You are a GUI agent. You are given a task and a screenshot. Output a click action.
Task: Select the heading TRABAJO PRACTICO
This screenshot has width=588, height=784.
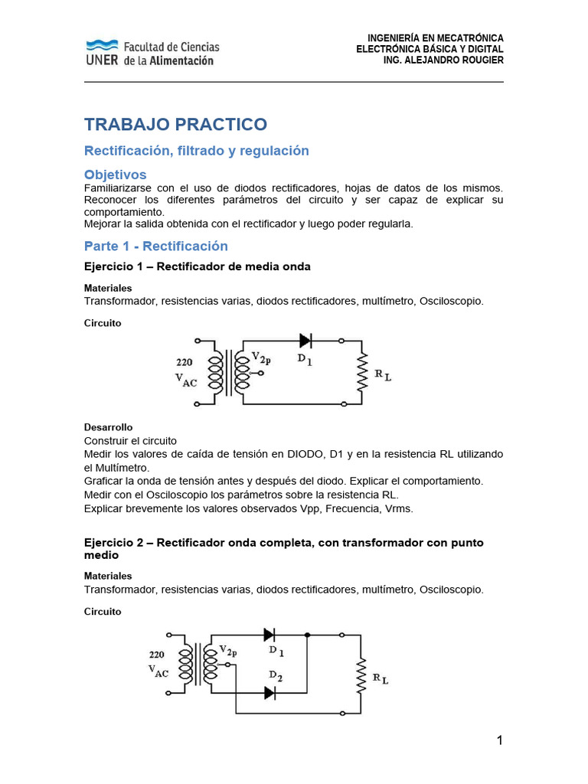(175, 125)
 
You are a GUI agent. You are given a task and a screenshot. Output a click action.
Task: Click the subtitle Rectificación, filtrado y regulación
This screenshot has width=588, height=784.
(196, 151)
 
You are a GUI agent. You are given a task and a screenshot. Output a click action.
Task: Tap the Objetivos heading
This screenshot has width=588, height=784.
(115, 175)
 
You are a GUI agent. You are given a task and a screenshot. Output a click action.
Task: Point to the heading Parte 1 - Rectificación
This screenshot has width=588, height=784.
(155, 246)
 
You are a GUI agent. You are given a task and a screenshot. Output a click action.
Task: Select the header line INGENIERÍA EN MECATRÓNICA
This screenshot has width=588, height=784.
(435, 38)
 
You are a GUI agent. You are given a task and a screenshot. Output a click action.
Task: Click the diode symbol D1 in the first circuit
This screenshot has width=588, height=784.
(305, 340)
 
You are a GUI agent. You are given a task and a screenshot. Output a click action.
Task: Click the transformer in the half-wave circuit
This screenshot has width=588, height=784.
(230, 372)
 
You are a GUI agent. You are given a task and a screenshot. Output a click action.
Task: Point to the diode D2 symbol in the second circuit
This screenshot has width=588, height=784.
(269, 692)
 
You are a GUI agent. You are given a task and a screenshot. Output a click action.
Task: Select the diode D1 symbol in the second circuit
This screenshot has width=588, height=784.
(269, 635)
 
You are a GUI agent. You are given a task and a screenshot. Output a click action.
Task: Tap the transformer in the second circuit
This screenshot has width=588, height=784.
(198, 663)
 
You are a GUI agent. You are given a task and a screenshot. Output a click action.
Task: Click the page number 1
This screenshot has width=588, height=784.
(499, 740)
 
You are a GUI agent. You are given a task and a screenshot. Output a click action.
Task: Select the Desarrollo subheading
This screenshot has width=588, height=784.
(108, 427)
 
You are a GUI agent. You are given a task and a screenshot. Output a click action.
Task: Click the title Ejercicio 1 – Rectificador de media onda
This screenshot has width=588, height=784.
(197, 266)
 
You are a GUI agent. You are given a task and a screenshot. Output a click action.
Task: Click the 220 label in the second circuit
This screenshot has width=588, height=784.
(156, 655)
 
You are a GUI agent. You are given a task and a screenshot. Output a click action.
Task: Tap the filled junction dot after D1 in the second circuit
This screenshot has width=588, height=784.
(307, 635)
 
